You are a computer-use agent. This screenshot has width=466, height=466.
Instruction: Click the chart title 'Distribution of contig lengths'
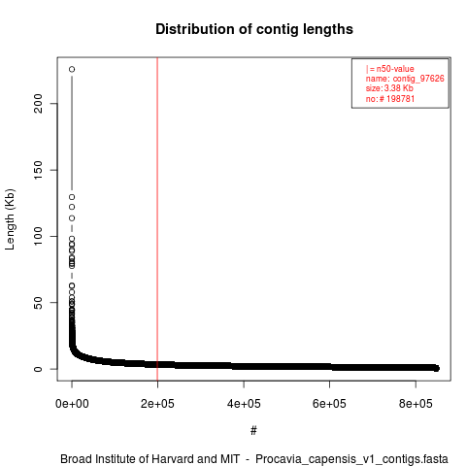[254, 29]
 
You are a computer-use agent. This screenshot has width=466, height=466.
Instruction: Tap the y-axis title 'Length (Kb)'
[10, 219]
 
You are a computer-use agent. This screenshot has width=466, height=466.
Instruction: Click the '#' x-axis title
[253, 431]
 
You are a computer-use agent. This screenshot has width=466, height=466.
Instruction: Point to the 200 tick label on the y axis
[38, 104]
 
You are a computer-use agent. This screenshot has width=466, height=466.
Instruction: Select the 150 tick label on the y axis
[38, 170]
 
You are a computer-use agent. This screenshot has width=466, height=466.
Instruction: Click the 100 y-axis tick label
[38, 236]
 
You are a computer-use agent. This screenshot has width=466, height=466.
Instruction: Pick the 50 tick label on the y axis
[38, 303]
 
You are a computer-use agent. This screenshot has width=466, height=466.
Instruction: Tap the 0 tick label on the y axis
[38, 369]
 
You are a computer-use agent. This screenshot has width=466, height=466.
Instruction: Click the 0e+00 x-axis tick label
[72, 404]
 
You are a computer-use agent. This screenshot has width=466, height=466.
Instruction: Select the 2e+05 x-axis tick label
[157, 404]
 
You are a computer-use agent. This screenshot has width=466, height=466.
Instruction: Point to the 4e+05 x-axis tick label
[244, 404]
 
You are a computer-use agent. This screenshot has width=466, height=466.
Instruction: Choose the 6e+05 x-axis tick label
[329, 404]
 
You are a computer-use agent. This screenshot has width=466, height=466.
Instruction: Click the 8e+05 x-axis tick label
[416, 404]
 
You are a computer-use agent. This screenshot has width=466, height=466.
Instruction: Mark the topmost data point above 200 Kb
[72, 69]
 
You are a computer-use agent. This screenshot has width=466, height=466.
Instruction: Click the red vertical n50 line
[157, 219]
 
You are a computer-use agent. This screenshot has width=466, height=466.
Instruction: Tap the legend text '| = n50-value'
[390, 69]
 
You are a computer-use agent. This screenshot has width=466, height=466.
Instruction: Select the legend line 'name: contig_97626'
[405, 79]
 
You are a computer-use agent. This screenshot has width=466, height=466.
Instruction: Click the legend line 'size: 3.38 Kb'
[389, 88]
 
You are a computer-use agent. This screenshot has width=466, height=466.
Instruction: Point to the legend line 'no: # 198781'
[390, 98]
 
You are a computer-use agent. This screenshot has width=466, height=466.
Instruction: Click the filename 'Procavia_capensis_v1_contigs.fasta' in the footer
[351, 459]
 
